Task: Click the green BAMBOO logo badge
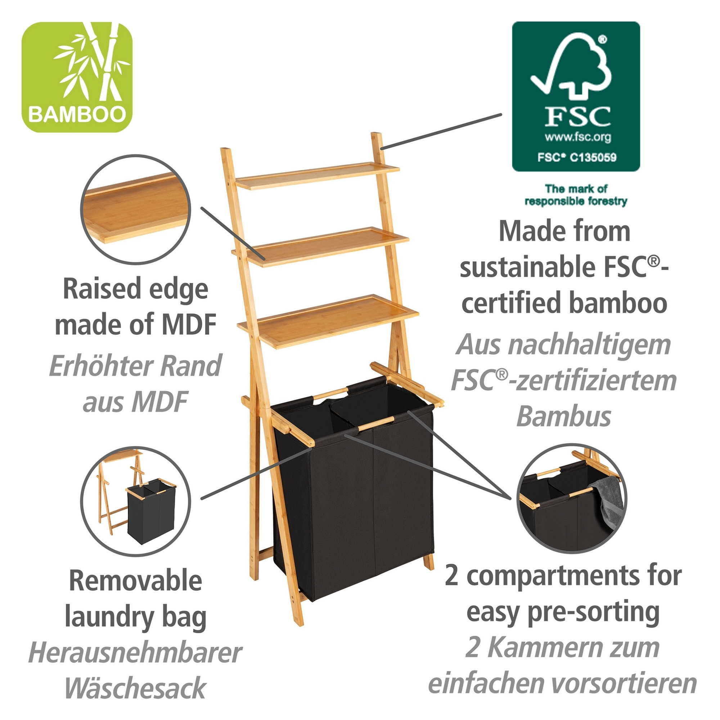pos(77,77)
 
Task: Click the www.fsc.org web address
pos(578,137)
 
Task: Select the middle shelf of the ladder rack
pos(320,247)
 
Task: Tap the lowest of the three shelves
pos(328,321)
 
